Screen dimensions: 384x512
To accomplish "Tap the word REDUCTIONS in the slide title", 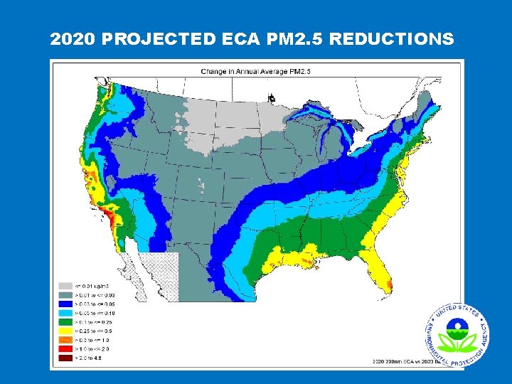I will (391, 39).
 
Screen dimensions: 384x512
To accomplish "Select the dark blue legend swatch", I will (64, 304).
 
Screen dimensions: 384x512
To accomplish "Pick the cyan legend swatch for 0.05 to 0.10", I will (64, 313).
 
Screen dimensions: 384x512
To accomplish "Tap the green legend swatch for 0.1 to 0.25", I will (64, 322).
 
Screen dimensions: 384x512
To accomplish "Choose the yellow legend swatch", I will (64, 331).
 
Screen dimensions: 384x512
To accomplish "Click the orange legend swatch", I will (64, 340).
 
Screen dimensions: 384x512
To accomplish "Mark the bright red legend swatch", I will (64, 348).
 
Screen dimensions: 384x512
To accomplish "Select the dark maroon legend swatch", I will (64, 358).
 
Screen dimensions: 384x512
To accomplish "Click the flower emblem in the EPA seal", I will (457, 335).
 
